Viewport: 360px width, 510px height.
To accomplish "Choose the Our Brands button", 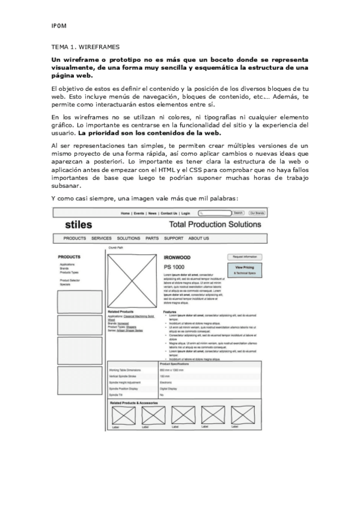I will pos(257,213).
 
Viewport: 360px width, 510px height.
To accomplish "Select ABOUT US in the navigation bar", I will pos(198,239).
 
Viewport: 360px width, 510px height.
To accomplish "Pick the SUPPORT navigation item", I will pos(174,239).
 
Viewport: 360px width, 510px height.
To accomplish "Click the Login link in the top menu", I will pos(186,214).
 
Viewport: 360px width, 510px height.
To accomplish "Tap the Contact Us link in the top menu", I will pos(169,214).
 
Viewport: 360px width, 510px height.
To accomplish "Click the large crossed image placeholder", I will pos(132,282).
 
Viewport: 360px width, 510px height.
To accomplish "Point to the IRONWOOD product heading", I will pos(177,257).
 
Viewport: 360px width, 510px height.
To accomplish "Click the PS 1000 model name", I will pos(174,266).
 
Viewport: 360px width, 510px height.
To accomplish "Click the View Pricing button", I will pos(245,268).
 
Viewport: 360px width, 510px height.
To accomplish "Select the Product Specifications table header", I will pos(175,364).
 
